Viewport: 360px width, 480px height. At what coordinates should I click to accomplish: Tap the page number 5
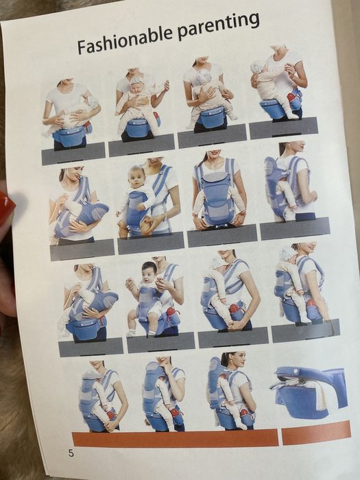pyautogui.click(x=71, y=453)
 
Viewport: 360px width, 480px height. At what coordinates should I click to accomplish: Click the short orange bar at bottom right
pyautogui.click(x=316, y=433)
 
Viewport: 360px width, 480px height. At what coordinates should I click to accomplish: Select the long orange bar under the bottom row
pyautogui.click(x=176, y=439)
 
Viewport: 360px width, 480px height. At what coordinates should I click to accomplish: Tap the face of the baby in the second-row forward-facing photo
pyautogui.click(x=137, y=178)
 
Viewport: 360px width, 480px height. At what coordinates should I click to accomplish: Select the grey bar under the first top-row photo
pyautogui.click(x=73, y=154)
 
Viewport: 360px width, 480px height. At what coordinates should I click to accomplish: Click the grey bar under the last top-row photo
pyautogui.click(x=283, y=128)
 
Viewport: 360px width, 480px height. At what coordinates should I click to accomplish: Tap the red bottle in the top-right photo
pyautogui.click(x=291, y=97)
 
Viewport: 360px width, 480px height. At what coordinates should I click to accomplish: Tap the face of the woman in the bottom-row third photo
pyautogui.click(x=240, y=360)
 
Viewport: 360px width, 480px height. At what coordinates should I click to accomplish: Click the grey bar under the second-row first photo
pyautogui.click(x=82, y=250)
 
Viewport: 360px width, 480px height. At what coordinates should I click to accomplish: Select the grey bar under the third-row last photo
pyautogui.click(x=306, y=331)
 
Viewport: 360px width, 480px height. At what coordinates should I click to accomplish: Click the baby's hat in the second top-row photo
pyautogui.click(x=136, y=80)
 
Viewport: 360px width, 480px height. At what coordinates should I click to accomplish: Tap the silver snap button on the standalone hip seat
pyautogui.click(x=296, y=372)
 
